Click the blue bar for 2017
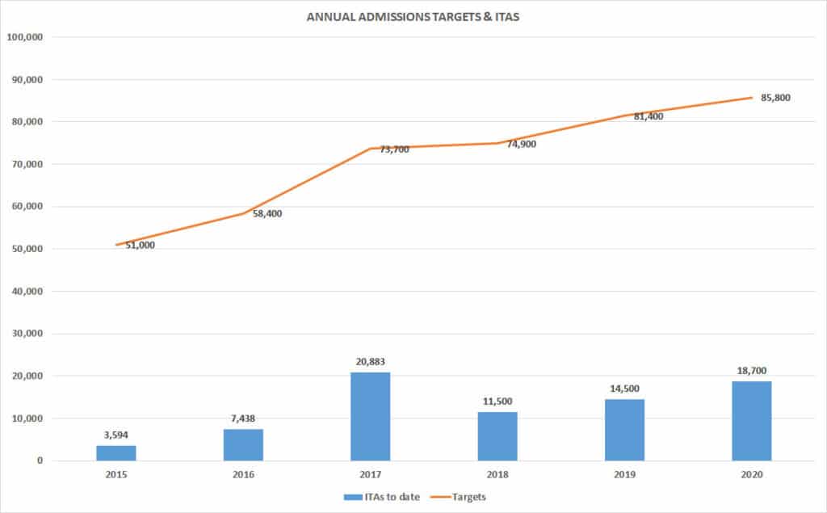[x=370, y=417]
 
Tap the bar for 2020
[x=751, y=421]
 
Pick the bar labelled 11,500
[x=497, y=436]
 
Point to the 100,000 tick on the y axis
[x=29, y=37]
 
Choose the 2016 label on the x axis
[x=243, y=475]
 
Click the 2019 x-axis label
[x=624, y=475]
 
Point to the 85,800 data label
[x=775, y=99]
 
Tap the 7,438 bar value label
[x=243, y=418]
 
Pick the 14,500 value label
[x=624, y=388]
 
